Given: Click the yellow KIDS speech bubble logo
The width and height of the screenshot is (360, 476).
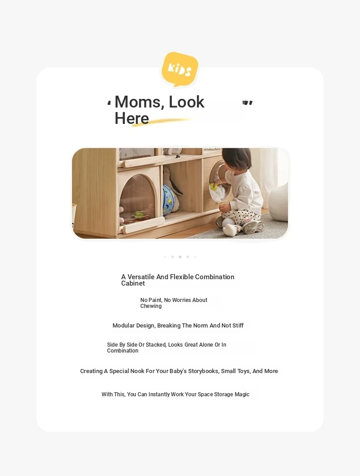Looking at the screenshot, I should click(180, 69).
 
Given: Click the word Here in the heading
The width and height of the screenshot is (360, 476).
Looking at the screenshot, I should click(132, 118).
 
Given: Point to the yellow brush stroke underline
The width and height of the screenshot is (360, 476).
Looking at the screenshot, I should click(164, 121).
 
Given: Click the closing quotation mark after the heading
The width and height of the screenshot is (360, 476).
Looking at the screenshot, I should click(247, 103).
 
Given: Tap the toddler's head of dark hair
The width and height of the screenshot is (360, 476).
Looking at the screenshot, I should click(237, 159).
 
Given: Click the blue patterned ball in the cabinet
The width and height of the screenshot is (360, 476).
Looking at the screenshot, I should click(169, 200).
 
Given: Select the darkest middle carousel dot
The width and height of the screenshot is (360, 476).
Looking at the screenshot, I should click(180, 257).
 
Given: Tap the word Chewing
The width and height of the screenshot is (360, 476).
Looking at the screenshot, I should click(151, 306).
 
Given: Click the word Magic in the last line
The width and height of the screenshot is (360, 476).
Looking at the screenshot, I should click(242, 394).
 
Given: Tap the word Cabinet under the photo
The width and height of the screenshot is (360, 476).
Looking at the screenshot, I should click(133, 283).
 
